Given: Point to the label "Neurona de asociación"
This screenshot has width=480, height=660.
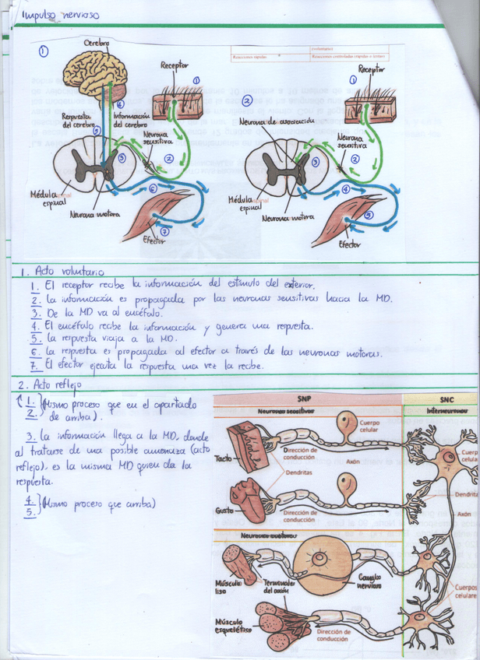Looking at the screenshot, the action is coord(287,121).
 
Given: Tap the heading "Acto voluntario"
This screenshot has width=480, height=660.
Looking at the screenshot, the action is coord(62,273).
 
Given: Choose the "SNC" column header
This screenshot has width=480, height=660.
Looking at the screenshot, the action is coord(440,398).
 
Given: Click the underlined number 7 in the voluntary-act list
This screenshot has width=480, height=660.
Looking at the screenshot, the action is coord(36,363).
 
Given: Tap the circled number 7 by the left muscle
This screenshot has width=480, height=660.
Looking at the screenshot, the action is coord(164,231).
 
